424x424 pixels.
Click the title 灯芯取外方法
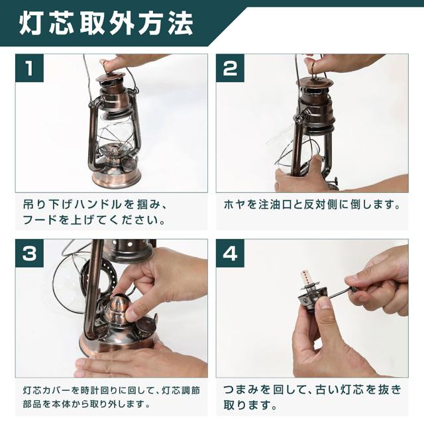(x=106, y=23)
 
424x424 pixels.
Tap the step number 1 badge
(x=29, y=68)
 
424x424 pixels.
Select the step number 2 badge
(x=230, y=68)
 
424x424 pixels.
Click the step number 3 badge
(x=29, y=253)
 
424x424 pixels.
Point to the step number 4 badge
(x=230, y=253)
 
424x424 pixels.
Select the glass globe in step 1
(x=116, y=132)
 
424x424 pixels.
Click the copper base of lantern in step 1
(x=117, y=175)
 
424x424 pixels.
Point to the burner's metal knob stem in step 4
(x=340, y=292)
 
